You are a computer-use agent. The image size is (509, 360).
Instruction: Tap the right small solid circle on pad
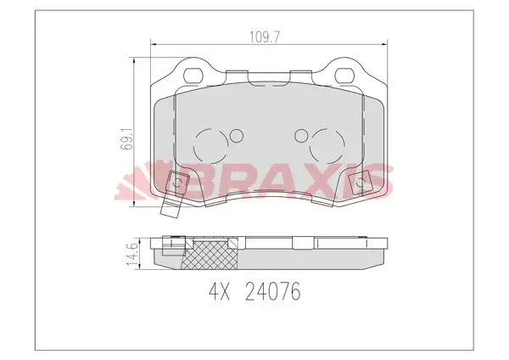click(x=300, y=135)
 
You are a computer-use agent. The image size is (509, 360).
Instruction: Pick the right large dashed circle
click(x=327, y=148)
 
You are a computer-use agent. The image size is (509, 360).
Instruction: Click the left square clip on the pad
click(x=178, y=181)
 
